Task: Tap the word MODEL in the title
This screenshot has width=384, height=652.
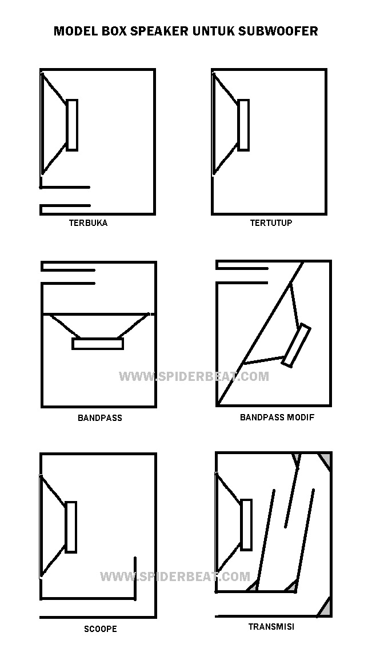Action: click(x=76, y=31)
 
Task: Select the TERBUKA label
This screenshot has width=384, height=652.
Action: click(x=88, y=223)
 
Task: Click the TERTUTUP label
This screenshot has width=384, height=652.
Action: click(x=271, y=223)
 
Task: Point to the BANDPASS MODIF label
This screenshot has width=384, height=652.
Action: click(x=277, y=417)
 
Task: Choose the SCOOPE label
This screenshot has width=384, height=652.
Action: click(x=101, y=629)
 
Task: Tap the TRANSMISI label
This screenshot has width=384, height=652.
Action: click(x=271, y=626)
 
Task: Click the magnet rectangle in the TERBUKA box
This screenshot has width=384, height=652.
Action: click(x=72, y=125)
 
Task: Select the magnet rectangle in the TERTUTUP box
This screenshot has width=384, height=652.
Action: click(x=243, y=125)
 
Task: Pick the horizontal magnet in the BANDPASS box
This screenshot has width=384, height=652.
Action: click(x=98, y=344)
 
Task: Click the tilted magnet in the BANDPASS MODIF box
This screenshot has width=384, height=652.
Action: click(x=297, y=345)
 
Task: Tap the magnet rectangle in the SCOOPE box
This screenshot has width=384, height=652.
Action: click(x=71, y=527)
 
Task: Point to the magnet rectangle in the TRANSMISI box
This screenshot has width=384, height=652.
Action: click(x=246, y=524)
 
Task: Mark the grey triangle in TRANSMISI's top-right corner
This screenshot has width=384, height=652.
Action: click(x=326, y=461)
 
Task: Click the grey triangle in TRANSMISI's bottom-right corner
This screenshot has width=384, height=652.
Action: click(x=325, y=609)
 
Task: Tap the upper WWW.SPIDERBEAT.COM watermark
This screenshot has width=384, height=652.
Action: click(x=194, y=376)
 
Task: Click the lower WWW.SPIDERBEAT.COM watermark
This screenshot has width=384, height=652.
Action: click(x=175, y=577)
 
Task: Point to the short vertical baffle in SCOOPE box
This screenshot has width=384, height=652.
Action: click(x=135, y=578)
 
